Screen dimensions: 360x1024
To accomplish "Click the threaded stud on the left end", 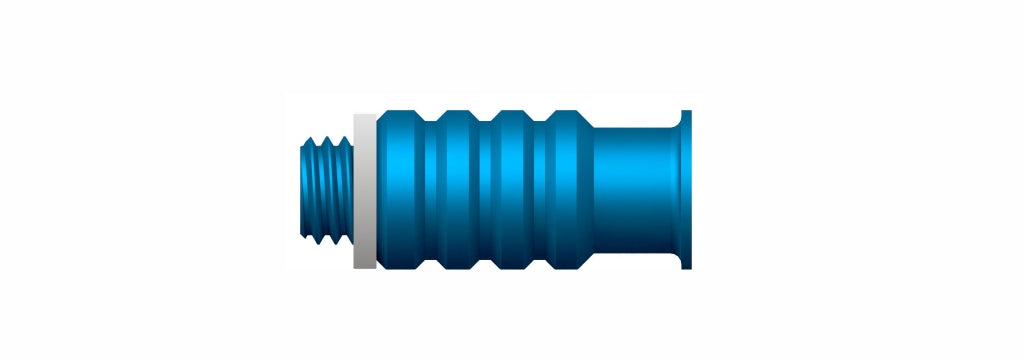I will point(326,190).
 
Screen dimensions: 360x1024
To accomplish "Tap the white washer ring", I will point(365,190).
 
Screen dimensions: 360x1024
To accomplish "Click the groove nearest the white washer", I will point(429,190).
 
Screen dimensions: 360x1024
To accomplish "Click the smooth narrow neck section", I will point(635,190).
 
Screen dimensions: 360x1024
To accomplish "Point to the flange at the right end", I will point(686,190).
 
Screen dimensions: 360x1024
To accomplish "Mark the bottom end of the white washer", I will point(365,265).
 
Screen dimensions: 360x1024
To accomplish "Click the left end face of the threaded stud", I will point(302,190).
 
